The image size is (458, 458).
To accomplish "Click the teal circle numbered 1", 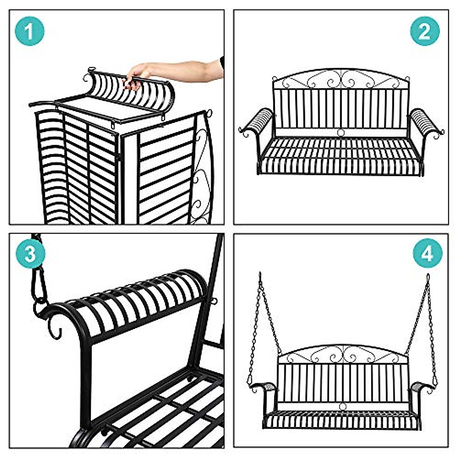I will (x=30, y=31).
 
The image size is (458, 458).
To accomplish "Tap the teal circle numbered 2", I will (x=424, y=31).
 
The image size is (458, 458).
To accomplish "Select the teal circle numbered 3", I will (x=30, y=254).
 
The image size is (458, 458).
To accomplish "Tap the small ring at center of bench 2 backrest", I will (x=340, y=132).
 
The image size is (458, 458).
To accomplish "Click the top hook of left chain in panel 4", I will (x=260, y=276).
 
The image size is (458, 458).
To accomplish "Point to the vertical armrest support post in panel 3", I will (x=86, y=382).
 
